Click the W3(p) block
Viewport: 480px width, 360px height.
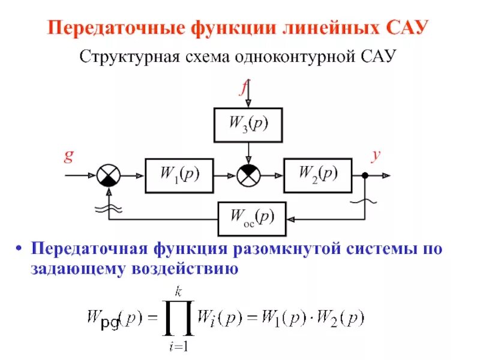click(x=248, y=125)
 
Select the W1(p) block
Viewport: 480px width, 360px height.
click(x=179, y=175)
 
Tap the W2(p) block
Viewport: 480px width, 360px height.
click(x=317, y=175)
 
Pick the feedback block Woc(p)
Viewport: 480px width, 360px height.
click(x=252, y=218)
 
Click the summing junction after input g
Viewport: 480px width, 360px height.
click(x=109, y=175)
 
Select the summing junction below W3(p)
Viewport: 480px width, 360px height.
click(x=248, y=175)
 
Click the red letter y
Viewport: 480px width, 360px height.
click(x=376, y=155)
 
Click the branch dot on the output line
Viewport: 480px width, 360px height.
click(x=365, y=175)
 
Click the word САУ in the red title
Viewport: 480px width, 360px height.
click(x=406, y=28)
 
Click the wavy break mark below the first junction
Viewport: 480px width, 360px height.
click(x=109, y=208)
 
